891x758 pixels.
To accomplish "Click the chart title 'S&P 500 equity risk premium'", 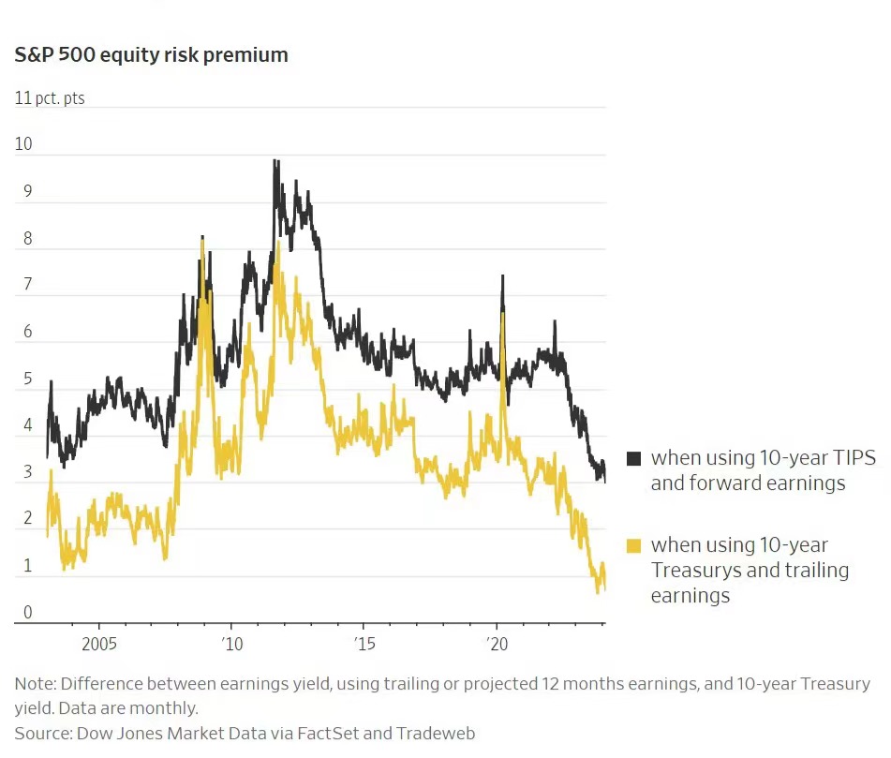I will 151,55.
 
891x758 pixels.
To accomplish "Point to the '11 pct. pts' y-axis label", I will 50,97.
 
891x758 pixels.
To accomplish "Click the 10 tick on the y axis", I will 23,144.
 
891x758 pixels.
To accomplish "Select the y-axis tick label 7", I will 28,285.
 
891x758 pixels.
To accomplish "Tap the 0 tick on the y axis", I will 28,613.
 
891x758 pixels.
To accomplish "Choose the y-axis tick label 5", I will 28,379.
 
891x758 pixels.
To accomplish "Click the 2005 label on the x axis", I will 99,645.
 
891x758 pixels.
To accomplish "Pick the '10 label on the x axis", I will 231,645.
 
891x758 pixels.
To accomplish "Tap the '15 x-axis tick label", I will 364,645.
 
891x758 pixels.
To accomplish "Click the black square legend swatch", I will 633,458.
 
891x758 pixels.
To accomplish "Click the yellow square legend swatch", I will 633,545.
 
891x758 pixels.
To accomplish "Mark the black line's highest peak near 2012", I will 275,161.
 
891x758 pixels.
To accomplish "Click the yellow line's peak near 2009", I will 202,241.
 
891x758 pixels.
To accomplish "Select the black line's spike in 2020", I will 503,276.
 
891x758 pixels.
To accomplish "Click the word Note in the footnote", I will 34,684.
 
